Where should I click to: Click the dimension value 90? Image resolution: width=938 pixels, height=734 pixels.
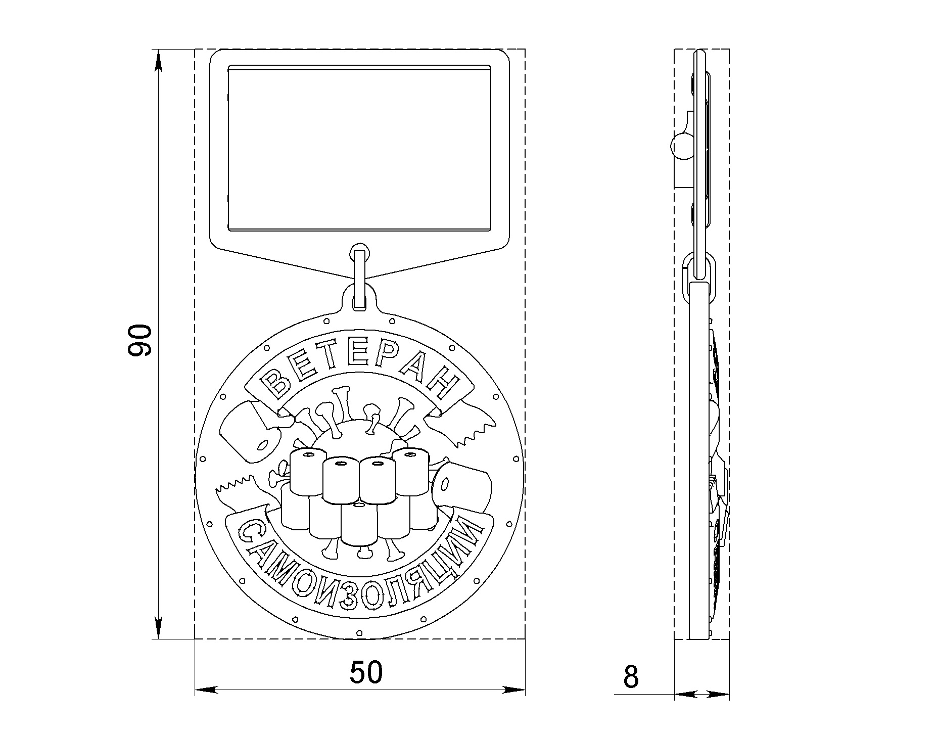point(139,341)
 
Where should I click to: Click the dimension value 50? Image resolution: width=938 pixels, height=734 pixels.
point(366,672)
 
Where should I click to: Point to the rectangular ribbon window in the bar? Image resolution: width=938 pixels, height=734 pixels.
point(359,148)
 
